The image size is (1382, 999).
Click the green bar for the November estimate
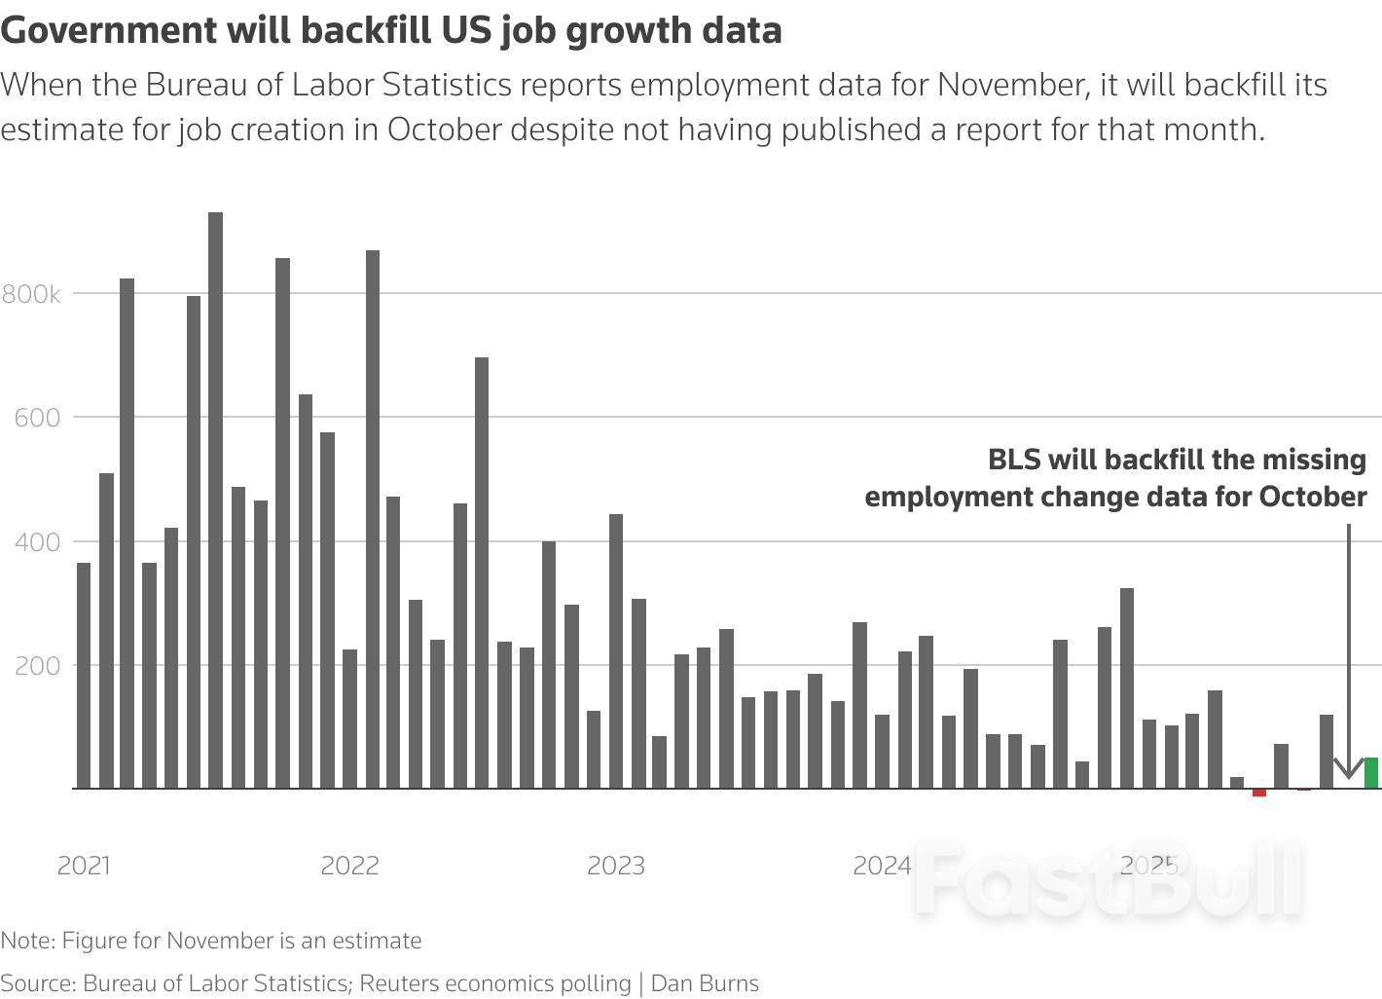click(1370, 773)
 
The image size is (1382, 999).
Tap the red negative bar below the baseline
click(1259, 793)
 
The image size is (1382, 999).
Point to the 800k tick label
click(31, 294)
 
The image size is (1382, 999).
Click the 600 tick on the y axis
click(38, 418)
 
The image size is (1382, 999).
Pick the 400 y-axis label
click(38, 541)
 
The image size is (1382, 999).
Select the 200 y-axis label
click(38, 666)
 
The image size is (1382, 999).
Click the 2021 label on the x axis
click(84, 866)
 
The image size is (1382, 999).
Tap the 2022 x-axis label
click(349, 866)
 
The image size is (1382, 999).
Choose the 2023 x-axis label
click(615, 866)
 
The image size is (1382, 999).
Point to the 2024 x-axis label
click(882, 866)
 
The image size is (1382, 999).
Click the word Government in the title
click(109, 31)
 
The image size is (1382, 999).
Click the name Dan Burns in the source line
click(705, 983)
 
